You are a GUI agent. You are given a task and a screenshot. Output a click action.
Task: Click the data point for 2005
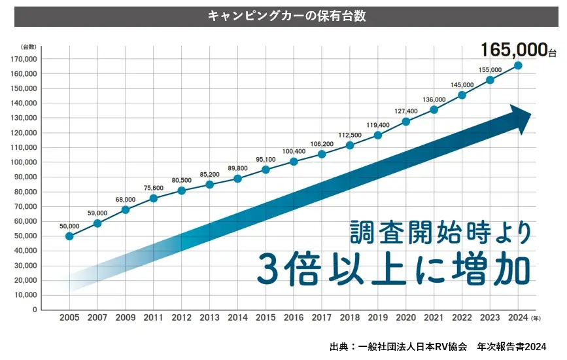69,236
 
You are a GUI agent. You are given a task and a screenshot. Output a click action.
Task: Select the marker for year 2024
518,65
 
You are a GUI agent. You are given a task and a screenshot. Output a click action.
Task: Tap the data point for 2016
294,162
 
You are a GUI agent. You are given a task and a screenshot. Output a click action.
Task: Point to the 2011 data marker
153,198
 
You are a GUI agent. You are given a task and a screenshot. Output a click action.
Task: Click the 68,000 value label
125,200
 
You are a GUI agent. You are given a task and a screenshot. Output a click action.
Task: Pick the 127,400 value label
405,111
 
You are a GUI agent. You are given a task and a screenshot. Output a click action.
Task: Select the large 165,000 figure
513,49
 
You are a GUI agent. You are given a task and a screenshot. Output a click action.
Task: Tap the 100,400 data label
294,151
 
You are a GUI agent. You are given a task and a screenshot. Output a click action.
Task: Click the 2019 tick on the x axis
377,318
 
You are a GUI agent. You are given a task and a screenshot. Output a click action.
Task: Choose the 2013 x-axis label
209,318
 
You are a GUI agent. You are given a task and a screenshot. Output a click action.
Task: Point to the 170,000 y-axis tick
24,59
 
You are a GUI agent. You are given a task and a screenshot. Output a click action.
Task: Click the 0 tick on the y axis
34,310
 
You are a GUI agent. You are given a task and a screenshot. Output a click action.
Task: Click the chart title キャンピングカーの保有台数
286,16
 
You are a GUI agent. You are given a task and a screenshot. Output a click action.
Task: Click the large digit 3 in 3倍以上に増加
270,268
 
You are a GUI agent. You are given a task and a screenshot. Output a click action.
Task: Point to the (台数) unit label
28,46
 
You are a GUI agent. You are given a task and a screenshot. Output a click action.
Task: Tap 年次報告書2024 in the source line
511,346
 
